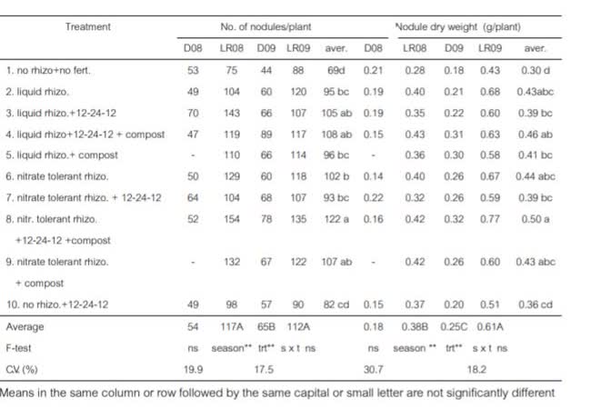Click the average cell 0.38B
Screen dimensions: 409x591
415,325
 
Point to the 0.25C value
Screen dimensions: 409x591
455,325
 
